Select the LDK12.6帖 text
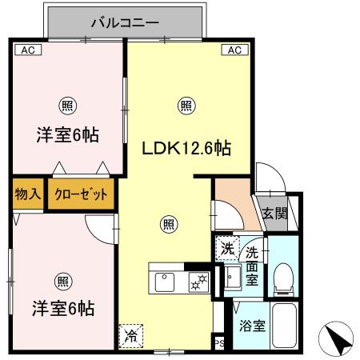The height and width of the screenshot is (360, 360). pyautogui.click(x=186, y=148)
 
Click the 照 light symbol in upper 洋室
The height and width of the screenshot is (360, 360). pyautogui.click(x=66, y=102)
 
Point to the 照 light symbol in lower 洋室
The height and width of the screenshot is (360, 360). pyautogui.click(x=62, y=280)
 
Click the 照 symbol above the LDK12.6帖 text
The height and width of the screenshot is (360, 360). pyautogui.click(x=186, y=103)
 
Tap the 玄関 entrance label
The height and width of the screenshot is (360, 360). pyautogui.click(x=274, y=213)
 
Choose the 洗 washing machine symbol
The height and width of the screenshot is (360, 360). pyautogui.click(x=227, y=248)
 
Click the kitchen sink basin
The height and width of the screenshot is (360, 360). pyautogui.click(x=166, y=281)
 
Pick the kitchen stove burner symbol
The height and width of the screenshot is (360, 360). pyautogui.click(x=196, y=281)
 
